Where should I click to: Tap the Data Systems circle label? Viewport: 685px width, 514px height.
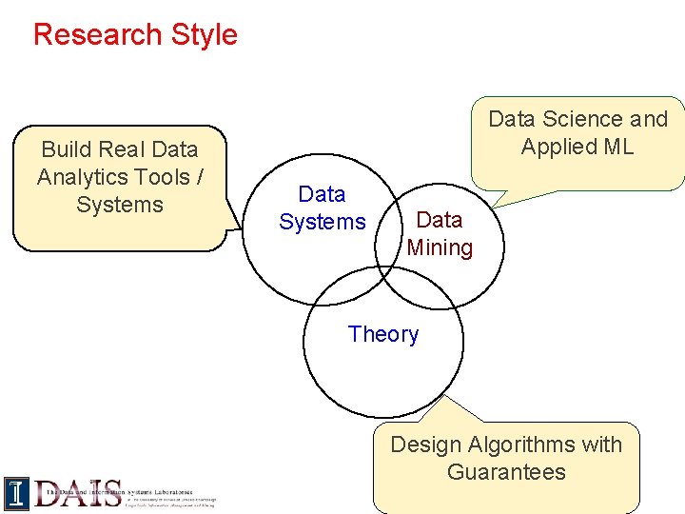322,208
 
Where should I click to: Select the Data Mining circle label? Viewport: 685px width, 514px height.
440,234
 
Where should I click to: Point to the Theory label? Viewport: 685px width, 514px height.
382,334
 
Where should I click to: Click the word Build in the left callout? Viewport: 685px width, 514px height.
68,149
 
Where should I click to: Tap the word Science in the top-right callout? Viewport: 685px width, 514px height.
568,119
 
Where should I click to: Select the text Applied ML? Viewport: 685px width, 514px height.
577,147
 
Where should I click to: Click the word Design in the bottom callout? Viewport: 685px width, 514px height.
427,445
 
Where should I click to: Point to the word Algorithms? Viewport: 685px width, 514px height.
534,445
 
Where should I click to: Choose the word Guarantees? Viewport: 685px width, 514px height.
506,472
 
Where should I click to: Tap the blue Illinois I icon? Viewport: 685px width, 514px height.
16,493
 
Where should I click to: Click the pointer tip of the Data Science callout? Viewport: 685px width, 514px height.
496,206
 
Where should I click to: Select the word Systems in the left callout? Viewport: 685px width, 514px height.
120,205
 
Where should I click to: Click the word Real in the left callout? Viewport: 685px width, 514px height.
125,149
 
